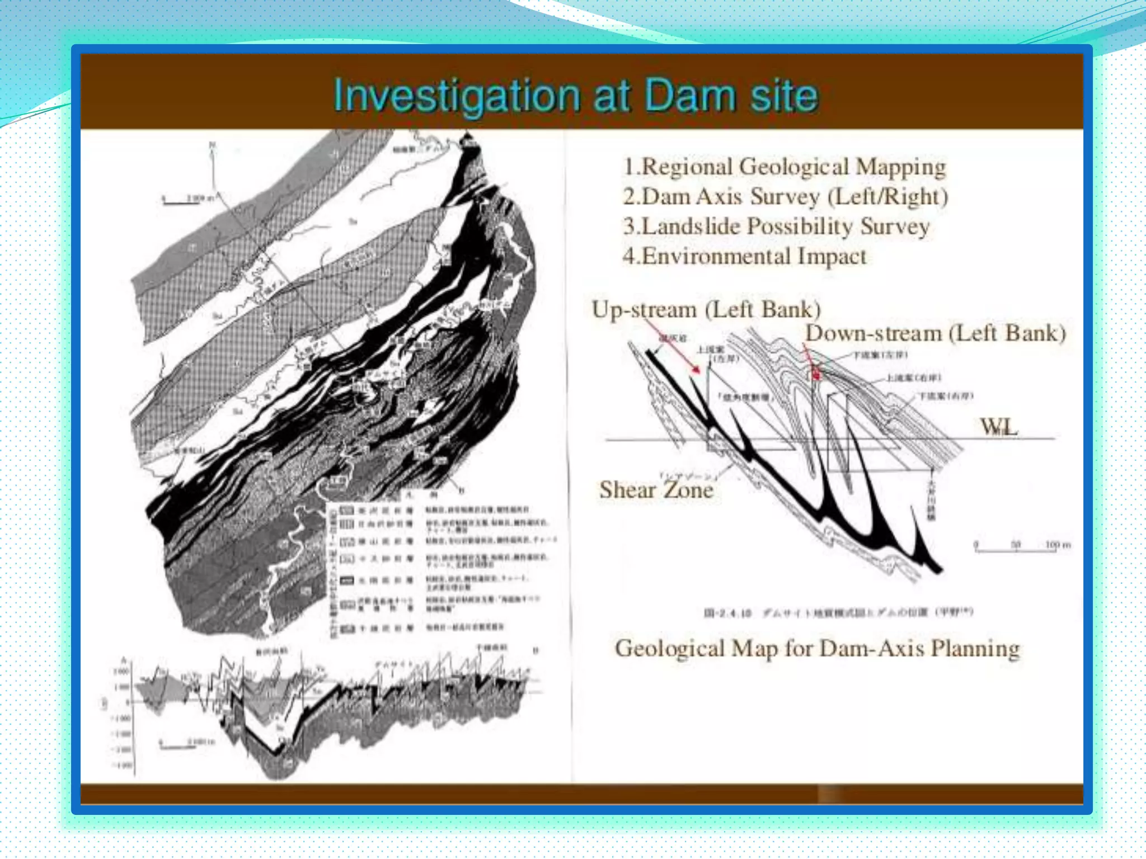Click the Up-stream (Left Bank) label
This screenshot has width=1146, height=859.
point(706,309)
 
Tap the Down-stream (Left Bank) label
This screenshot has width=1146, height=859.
point(935,333)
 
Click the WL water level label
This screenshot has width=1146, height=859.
point(999,427)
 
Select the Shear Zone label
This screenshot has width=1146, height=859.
point(656,490)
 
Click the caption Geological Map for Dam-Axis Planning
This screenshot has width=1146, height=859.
point(817,649)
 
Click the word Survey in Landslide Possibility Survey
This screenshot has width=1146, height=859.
point(895,226)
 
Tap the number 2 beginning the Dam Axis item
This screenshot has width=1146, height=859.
point(630,197)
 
